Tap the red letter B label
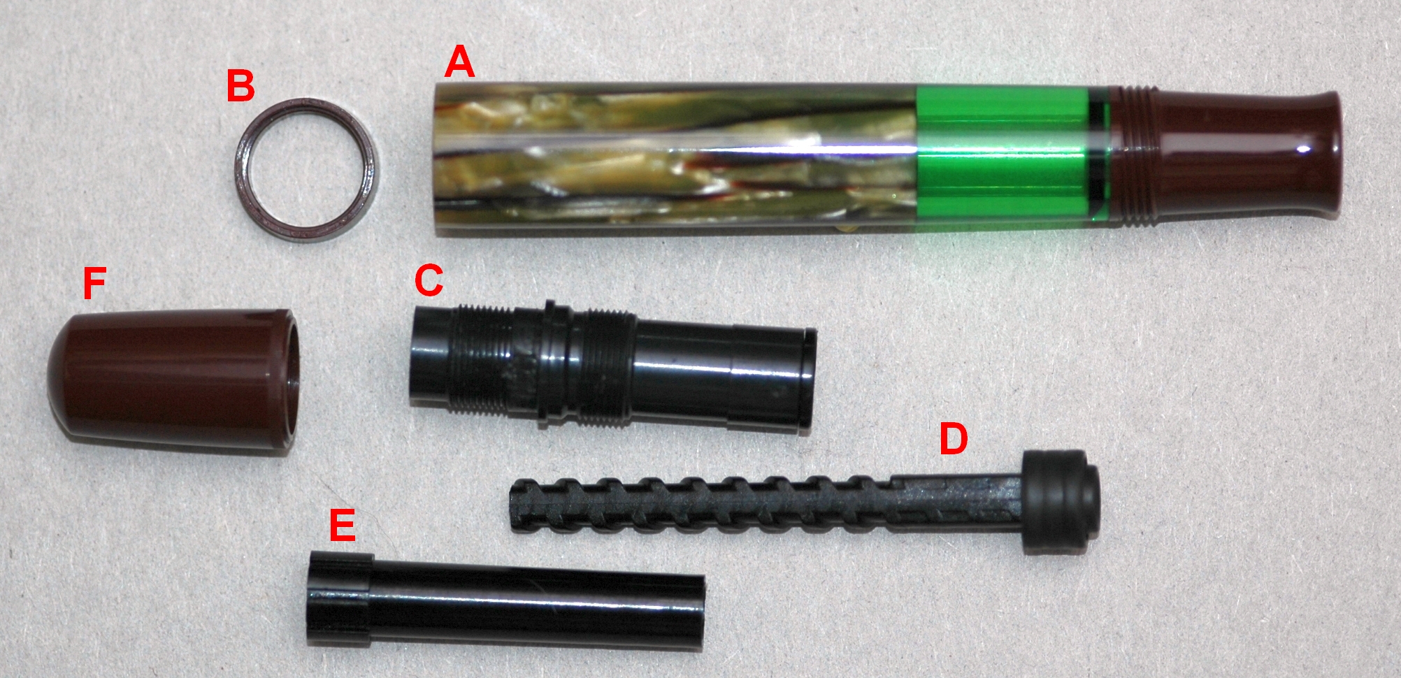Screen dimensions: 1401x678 240,87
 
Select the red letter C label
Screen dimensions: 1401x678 429,280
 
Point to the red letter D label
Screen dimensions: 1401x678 953,438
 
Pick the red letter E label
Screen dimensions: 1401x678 342,525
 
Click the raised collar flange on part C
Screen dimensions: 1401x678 556,363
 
